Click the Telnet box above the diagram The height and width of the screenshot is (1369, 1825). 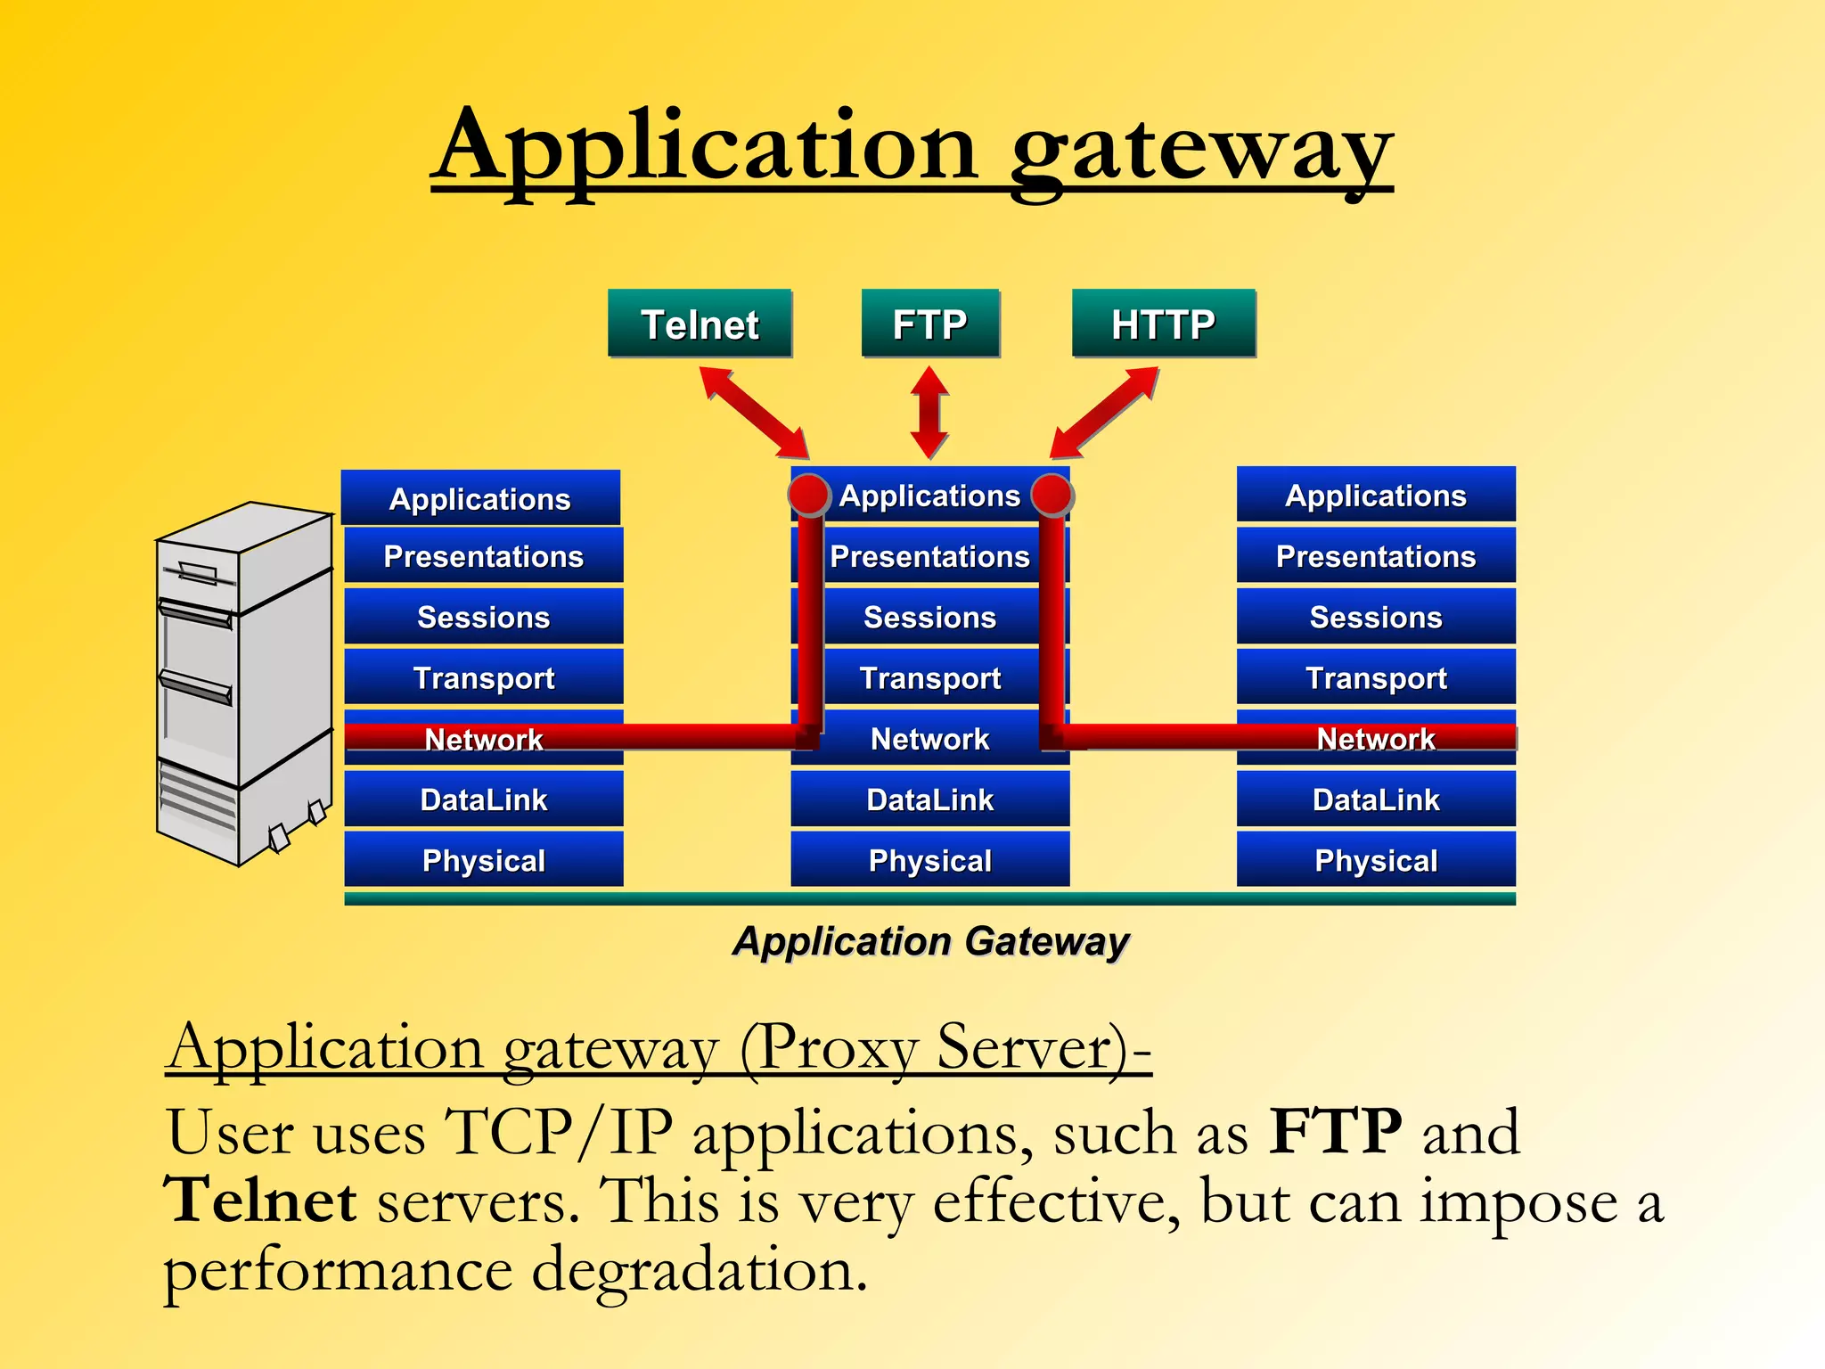click(700, 324)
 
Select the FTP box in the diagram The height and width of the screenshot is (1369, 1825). click(929, 324)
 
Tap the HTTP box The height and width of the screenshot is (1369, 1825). click(1163, 324)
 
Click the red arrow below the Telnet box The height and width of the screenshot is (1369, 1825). click(754, 413)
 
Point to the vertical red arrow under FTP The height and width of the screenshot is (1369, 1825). click(929, 413)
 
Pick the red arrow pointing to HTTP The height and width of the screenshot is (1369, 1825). click(1105, 413)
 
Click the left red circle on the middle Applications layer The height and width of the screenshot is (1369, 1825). click(809, 495)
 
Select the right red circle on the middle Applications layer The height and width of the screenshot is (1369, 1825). click(1052, 495)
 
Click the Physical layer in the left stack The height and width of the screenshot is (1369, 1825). click(484, 860)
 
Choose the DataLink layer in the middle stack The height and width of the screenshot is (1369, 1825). click(929, 799)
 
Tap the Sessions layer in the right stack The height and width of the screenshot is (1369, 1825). click(1376, 617)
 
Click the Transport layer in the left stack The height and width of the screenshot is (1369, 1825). click(484, 677)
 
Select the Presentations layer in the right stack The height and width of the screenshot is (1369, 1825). click(1376, 556)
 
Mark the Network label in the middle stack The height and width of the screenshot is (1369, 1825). click(929, 739)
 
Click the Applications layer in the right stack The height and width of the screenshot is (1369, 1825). click(1376, 495)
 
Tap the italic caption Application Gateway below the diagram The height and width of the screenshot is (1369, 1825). click(930, 942)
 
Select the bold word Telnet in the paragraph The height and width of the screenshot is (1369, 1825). click(261, 1201)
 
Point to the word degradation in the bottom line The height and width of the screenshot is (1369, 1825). click(699, 1269)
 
